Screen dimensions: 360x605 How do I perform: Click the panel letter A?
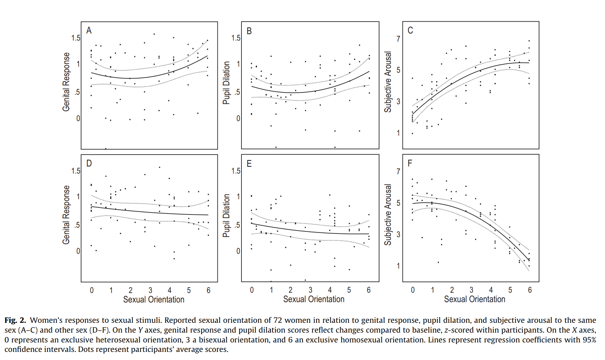tap(89, 30)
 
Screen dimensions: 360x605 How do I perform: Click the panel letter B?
tap(249, 31)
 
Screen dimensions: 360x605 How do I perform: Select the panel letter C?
tap(410, 30)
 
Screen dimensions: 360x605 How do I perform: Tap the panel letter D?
tap(89, 163)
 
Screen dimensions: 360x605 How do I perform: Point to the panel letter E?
tap(249, 164)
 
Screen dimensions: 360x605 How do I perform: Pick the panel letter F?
tap(410, 163)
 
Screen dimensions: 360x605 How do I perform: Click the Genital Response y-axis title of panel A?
tap(66, 82)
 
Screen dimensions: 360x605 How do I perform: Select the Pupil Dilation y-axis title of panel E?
tap(226, 216)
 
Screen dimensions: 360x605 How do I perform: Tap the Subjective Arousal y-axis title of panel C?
tap(388, 82)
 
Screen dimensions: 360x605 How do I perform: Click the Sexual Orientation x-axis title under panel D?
tap(154, 299)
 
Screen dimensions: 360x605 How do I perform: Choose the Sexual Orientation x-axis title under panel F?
tap(474, 299)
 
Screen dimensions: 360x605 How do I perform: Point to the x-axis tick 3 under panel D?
tap(150, 290)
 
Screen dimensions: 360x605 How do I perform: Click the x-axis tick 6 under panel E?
tap(369, 290)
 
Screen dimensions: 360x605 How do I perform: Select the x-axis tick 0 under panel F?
tap(413, 290)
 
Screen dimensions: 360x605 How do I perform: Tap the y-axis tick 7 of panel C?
tap(398, 39)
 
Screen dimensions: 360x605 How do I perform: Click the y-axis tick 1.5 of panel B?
tap(236, 38)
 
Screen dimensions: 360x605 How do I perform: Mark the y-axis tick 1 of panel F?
tap(398, 266)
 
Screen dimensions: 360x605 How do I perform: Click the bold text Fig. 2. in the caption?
tap(15, 320)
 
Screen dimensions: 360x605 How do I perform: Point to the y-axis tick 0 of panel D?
tap(78, 251)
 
